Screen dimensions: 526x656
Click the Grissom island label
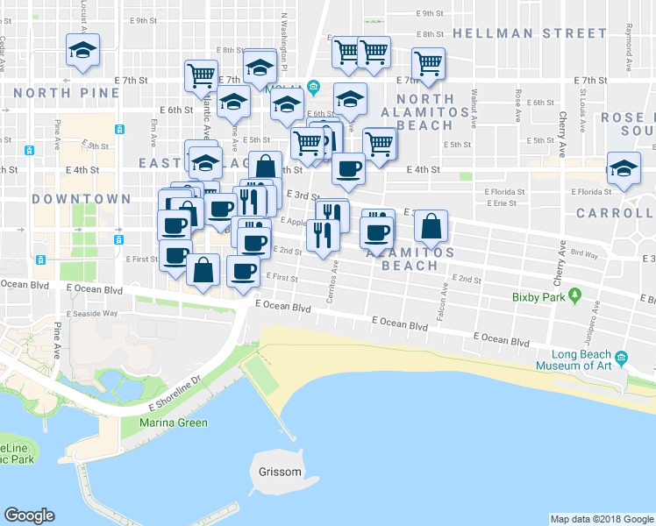pos(280,472)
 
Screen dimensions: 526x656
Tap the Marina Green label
pos(174,423)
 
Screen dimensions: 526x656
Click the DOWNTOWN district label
pos(81,199)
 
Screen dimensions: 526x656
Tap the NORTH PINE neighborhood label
pos(67,92)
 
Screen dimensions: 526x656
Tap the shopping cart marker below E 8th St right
pos(428,62)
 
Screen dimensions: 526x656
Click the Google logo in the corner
pos(29,515)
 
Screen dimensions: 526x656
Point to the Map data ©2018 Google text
pos(601,519)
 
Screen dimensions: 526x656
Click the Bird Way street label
pos(584,254)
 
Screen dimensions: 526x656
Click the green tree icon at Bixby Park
pos(575,296)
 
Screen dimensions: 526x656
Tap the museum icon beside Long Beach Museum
pos(621,359)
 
